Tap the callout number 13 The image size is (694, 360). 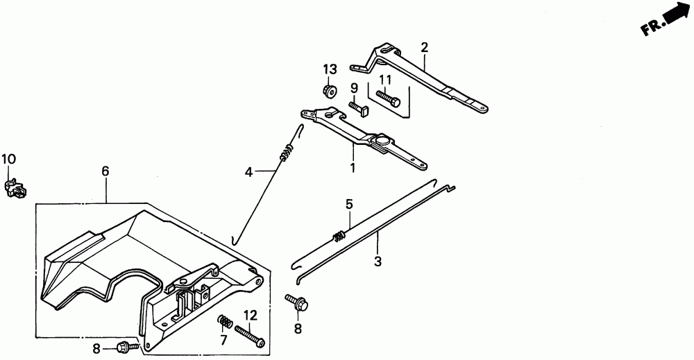329,69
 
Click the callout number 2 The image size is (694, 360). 424,47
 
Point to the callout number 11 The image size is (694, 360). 385,79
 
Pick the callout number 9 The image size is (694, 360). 353,88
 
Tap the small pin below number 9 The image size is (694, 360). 357,108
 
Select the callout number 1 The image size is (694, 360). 353,167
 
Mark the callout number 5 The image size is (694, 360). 350,204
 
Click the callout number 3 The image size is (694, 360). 378,262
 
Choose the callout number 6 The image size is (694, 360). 105,171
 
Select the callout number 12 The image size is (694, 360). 250,316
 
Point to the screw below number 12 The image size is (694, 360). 250,336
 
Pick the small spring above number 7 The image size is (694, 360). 223,322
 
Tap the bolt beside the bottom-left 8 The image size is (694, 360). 126,345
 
